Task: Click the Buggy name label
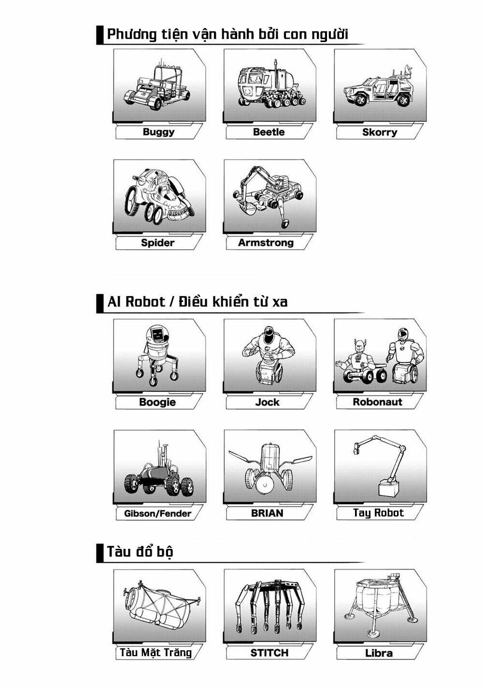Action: point(158,132)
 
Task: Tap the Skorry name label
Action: point(380,132)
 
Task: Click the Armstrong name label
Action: point(266,243)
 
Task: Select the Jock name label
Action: point(267,402)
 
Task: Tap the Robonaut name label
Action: point(377,402)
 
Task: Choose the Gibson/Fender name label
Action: point(157,514)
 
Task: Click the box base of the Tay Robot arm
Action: point(389,487)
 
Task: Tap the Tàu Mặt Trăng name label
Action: point(156,653)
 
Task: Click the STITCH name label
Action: point(269,653)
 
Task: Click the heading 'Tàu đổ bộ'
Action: point(140,552)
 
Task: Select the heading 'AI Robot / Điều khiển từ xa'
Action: point(197,302)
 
